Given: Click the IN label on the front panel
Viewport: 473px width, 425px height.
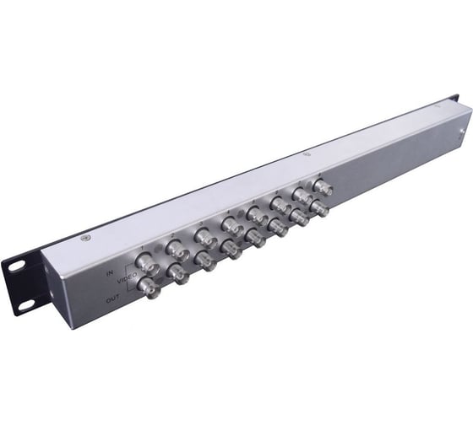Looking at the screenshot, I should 111,275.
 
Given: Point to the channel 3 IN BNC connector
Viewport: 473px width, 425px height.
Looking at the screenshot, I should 204,234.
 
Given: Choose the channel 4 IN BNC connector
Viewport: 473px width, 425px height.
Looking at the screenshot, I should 229,223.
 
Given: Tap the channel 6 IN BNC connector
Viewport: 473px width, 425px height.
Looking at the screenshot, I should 278,202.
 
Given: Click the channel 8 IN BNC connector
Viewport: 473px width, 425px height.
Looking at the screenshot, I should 323,187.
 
